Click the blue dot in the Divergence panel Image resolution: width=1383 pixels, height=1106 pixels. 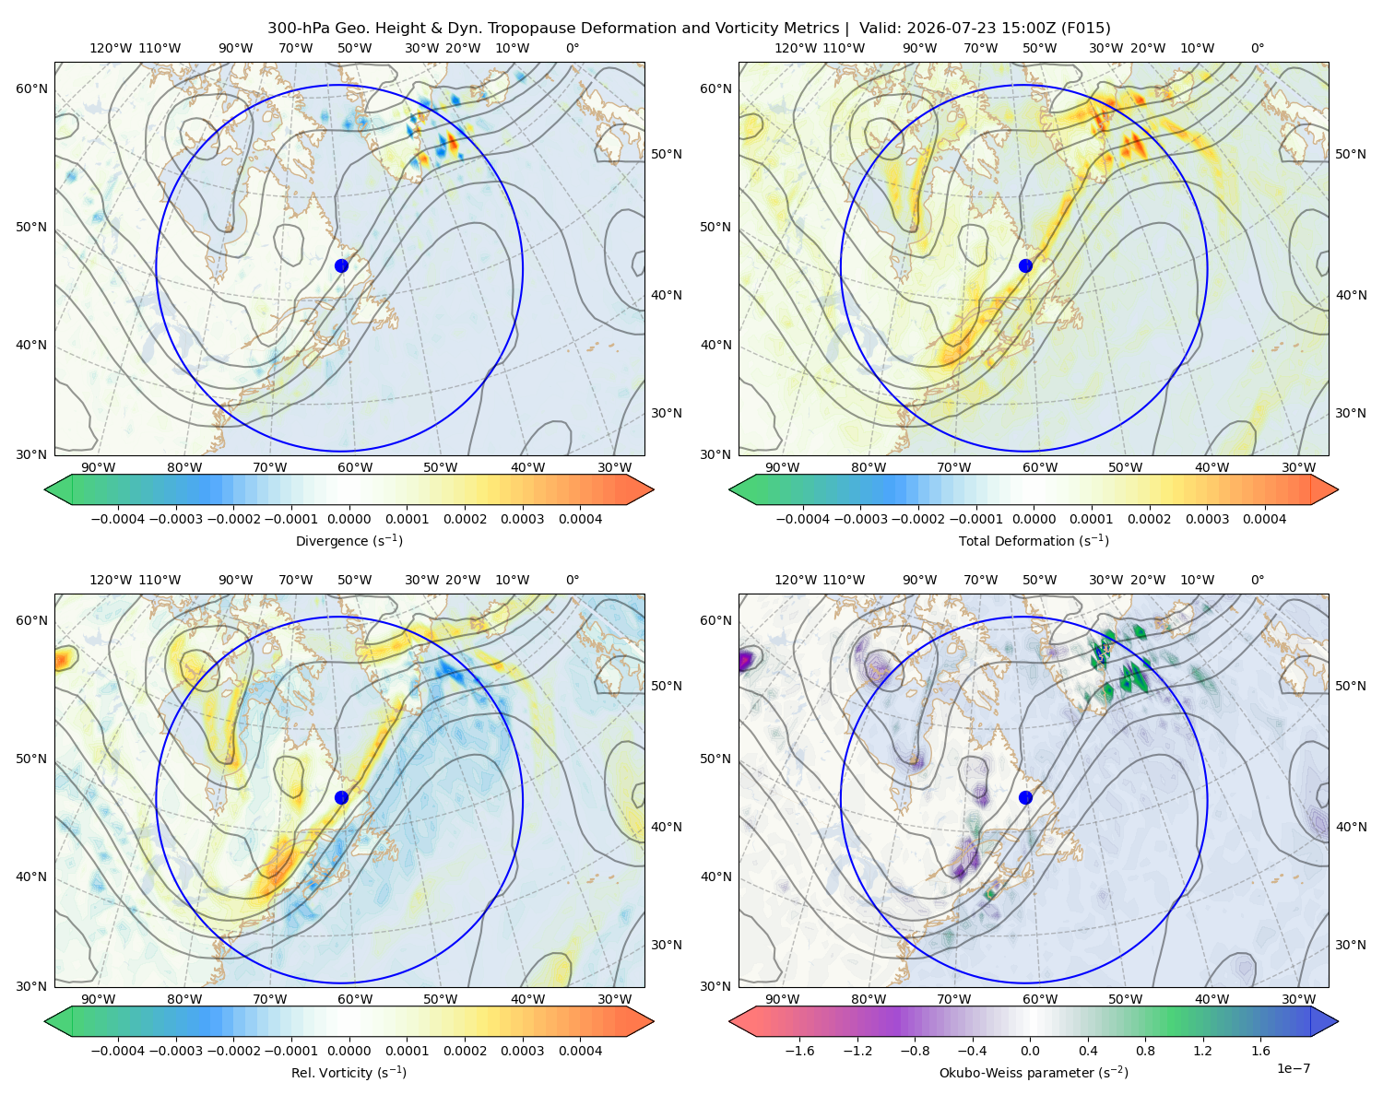coord(341,265)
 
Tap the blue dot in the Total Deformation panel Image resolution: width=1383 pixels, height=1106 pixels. coord(1025,265)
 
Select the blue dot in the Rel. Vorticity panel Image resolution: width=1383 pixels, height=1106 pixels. coord(341,797)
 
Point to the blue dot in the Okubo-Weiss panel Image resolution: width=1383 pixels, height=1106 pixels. coord(1025,797)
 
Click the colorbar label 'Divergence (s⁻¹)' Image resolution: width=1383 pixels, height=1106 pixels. coord(349,540)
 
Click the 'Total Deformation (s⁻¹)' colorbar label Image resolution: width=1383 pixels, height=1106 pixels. coord(1034,540)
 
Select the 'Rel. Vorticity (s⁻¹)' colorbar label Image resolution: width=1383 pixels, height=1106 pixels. coord(349,1072)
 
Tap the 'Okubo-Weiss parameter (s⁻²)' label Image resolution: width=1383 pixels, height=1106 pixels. coord(1034,1072)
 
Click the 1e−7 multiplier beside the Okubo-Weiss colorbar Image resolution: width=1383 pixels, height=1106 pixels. coord(1293,1068)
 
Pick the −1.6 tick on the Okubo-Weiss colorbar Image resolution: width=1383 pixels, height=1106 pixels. coord(799,1050)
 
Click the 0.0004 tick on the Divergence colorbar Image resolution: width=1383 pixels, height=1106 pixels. coord(580,519)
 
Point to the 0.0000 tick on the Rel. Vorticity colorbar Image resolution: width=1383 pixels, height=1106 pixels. coord(349,1050)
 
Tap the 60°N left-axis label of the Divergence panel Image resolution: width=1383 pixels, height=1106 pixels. coord(31,88)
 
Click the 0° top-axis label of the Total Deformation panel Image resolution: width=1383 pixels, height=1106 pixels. coord(1257,48)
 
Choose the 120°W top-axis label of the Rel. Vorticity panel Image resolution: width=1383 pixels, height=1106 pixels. coord(111,580)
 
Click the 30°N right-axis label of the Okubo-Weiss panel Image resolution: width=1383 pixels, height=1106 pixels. coord(1351,944)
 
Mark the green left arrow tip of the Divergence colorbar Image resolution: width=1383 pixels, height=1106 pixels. coord(45,489)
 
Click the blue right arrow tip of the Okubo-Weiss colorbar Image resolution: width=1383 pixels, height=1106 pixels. coord(1338,1021)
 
